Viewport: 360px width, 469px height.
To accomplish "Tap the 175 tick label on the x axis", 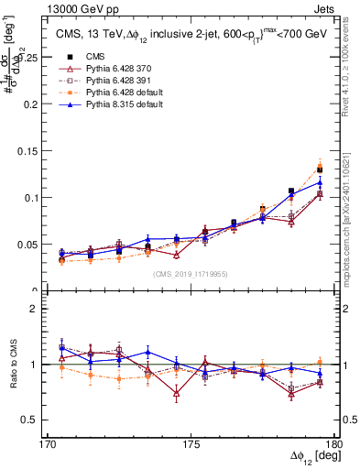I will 190,443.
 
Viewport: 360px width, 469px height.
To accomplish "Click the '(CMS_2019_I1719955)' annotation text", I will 190,273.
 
